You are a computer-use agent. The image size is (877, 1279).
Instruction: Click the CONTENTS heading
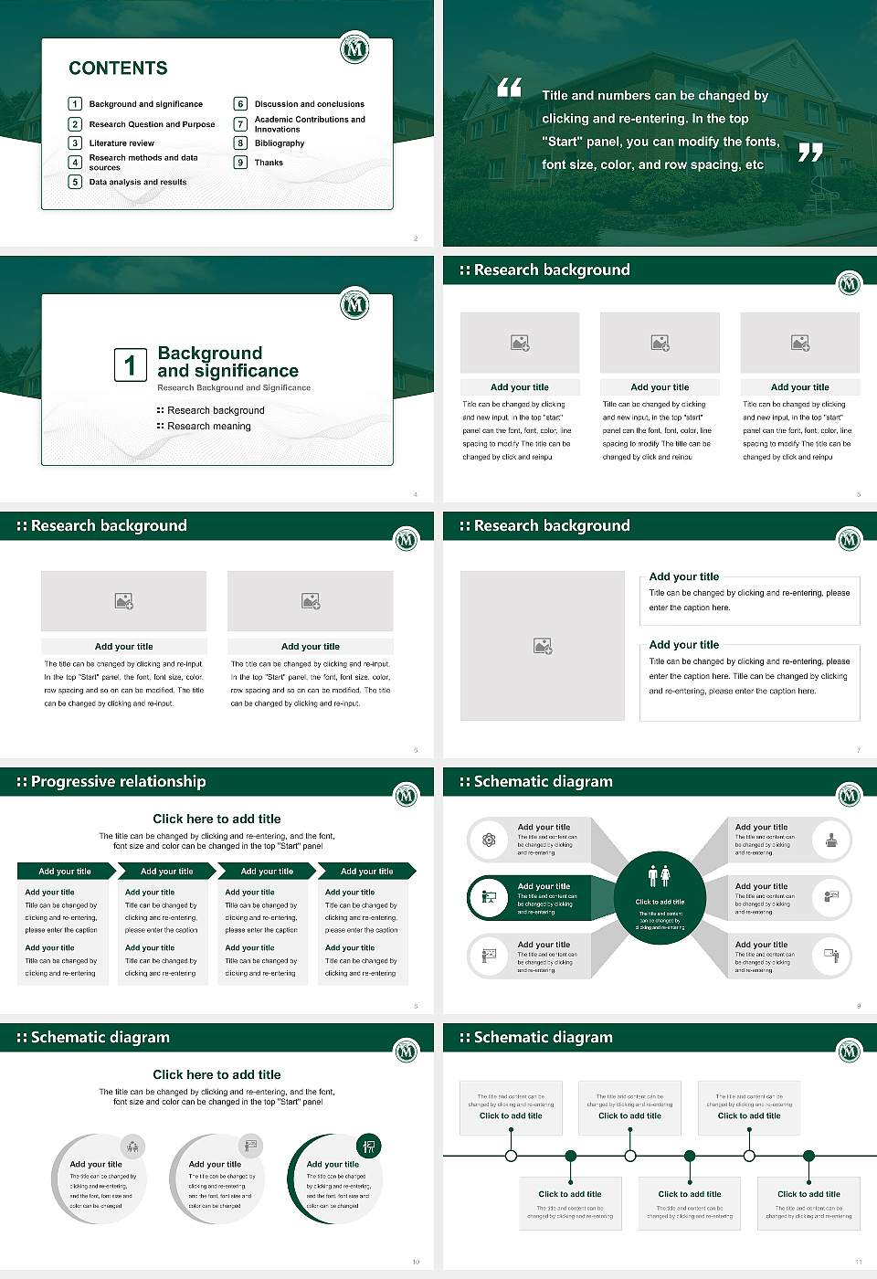(x=118, y=68)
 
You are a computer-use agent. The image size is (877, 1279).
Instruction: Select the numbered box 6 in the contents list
(x=241, y=104)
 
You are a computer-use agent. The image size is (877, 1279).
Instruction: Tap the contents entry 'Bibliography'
(x=280, y=143)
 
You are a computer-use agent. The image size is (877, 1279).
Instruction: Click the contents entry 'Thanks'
(x=269, y=163)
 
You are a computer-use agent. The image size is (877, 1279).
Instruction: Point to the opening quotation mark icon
(x=509, y=88)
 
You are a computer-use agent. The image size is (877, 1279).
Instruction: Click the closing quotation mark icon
(x=810, y=153)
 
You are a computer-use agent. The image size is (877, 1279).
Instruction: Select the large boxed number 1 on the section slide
(x=130, y=365)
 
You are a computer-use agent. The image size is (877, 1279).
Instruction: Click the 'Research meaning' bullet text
(x=209, y=427)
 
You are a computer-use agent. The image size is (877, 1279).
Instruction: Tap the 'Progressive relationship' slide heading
(x=118, y=781)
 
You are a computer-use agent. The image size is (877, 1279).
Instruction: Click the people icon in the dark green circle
(x=660, y=876)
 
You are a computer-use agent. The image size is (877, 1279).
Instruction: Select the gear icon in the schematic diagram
(x=489, y=840)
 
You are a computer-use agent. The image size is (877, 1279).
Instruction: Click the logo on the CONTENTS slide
(x=354, y=48)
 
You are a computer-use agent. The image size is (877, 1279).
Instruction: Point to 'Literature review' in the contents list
(x=122, y=143)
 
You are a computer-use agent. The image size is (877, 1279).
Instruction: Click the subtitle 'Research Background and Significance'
(x=234, y=388)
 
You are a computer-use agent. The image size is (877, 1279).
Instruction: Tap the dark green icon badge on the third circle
(x=369, y=1146)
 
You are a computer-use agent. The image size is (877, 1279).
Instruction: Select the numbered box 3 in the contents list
(x=76, y=143)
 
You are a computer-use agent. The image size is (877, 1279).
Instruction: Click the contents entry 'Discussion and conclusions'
(x=309, y=104)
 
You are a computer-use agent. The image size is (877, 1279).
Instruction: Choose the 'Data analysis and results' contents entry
(x=138, y=182)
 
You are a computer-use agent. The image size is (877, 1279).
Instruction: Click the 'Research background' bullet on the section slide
(x=216, y=411)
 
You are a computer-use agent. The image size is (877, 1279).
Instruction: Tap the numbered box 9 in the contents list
(x=241, y=163)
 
